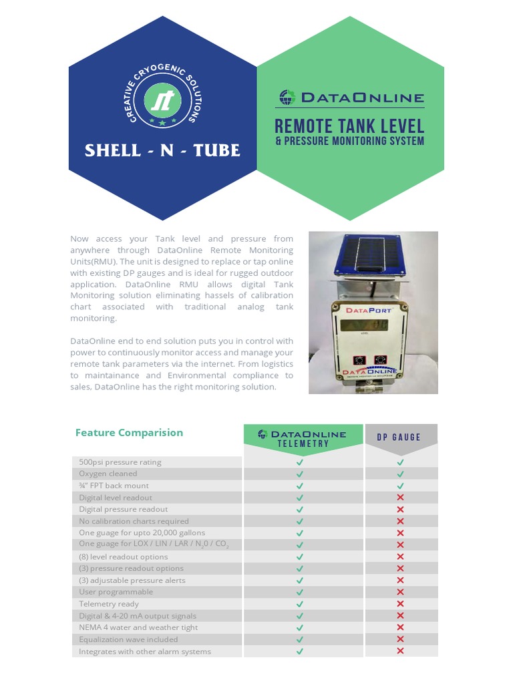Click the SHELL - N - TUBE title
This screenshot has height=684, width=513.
[x=162, y=150]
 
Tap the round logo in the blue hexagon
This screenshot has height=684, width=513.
[x=162, y=101]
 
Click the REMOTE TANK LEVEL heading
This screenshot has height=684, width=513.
[x=349, y=126]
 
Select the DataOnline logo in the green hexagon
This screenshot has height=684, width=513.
[x=350, y=98]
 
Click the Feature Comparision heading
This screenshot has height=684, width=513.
[x=129, y=432]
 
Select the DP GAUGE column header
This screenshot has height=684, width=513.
[x=399, y=438]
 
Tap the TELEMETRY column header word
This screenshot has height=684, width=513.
[x=303, y=444]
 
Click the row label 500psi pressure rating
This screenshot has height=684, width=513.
[x=120, y=462]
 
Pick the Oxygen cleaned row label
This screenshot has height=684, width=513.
[x=108, y=474]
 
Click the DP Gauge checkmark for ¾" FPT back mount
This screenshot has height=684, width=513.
[x=400, y=486]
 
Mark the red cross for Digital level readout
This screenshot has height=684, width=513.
[x=400, y=498]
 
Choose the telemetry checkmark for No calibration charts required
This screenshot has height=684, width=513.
[x=300, y=521]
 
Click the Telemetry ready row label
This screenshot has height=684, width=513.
[x=109, y=604]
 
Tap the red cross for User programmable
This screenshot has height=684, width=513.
[x=400, y=592]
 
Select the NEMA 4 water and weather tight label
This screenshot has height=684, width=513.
[x=138, y=627]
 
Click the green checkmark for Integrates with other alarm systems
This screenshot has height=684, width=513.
[x=300, y=651]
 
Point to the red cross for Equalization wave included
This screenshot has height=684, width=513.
[x=400, y=639]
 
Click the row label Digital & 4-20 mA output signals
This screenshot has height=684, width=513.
[x=138, y=616]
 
